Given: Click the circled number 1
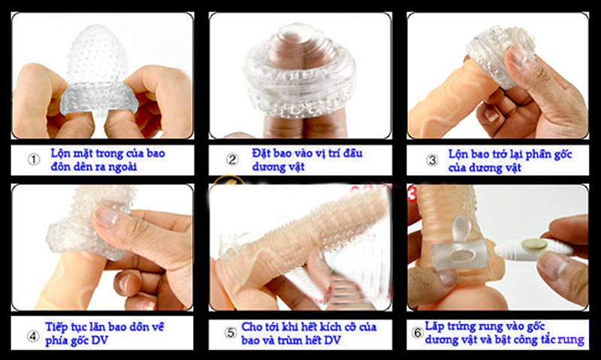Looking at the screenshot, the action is tap(34, 159).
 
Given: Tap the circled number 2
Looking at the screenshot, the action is tap(232, 159).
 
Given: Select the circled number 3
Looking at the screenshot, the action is tap(432, 160).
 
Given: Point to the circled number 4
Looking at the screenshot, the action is tap(33, 336).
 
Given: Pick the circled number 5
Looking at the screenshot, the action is tap(231, 332).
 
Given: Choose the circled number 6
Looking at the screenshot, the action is tap(418, 332).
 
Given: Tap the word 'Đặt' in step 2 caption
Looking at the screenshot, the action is tap(260, 153).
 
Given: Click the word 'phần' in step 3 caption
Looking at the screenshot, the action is tap(539, 155).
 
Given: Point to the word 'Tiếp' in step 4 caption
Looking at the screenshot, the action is tap(56, 327).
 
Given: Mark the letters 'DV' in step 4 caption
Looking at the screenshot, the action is tap(99, 340).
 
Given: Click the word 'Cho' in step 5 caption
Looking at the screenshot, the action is tap(252, 327).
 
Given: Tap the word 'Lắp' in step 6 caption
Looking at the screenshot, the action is tap(434, 327).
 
